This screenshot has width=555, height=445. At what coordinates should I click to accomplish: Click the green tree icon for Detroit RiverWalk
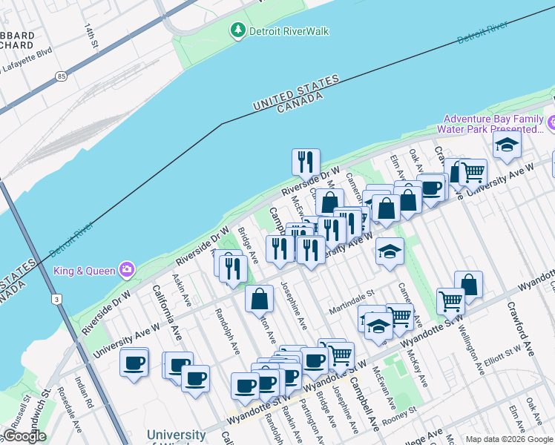pyautogui.click(x=238, y=31)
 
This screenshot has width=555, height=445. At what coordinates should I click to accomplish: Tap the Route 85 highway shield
pyautogui.click(x=59, y=76)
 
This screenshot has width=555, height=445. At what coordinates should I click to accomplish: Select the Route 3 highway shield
pyautogui.click(x=57, y=299)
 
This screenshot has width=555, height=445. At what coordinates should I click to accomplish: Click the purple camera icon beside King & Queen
pyautogui.click(x=127, y=268)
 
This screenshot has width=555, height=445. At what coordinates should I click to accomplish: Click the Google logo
pyautogui.click(x=24, y=436)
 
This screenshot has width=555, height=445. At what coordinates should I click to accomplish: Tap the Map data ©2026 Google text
pyautogui.click(x=509, y=439)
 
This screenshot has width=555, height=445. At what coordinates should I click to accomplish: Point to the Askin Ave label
pyautogui.click(x=182, y=291)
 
